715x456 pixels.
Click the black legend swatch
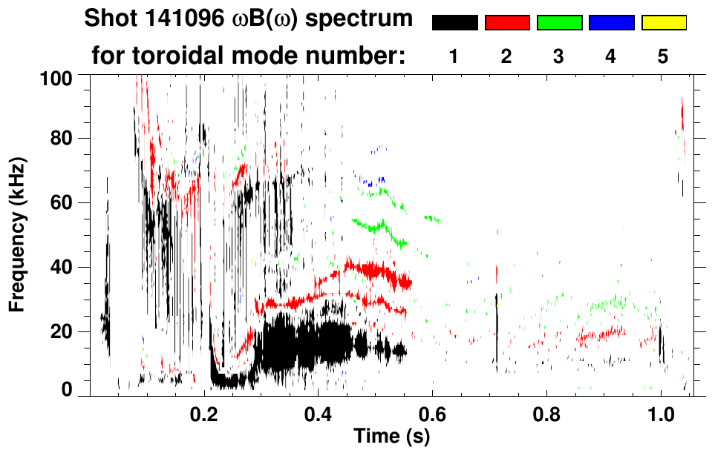tap(455, 23)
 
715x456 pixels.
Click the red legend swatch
tap(507, 23)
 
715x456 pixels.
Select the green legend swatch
tap(559, 23)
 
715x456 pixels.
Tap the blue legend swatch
tap(611, 23)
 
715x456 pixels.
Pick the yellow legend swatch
tap(664, 23)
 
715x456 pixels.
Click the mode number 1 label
tap(454, 56)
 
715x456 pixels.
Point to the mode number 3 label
tap(558, 56)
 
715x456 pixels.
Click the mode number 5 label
tap(663, 56)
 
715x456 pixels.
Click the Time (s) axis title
tap(391, 437)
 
